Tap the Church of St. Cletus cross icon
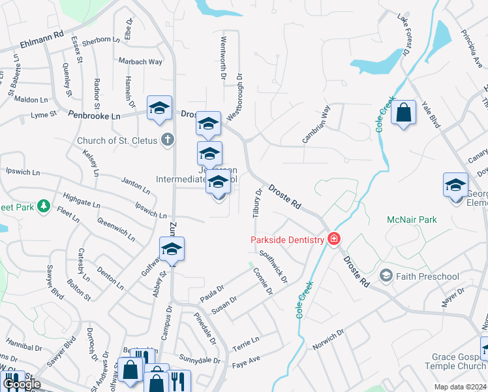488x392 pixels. tap(168, 139)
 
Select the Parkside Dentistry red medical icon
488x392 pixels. tap(334, 240)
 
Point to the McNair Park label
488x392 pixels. tap(412, 220)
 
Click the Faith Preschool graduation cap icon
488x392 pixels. tap(386, 276)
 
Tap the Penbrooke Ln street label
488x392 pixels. tap(95, 115)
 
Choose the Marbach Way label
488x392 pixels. tap(140, 62)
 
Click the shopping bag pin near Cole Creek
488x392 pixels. tap(404, 112)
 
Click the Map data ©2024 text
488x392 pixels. tap(459, 386)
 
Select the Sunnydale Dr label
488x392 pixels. tap(200, 360)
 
